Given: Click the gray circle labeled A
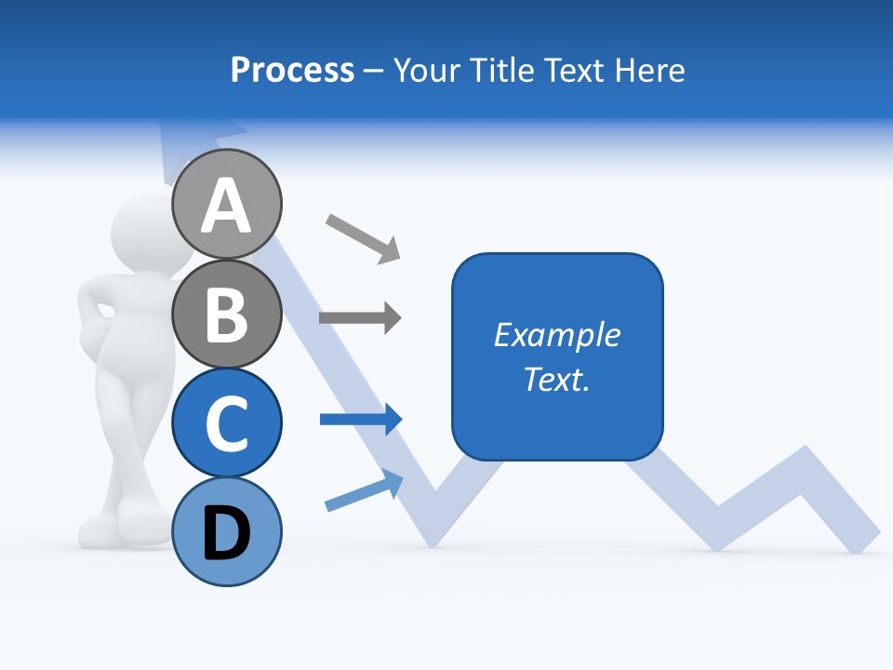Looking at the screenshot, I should pos(227,204).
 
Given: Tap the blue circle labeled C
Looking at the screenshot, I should pos(227,423).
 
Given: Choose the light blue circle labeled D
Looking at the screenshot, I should pos(227,532).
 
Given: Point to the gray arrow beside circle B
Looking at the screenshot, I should pos(360,318).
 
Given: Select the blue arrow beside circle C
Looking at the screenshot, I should pos(361,420).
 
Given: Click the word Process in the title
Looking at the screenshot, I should pos(292,70).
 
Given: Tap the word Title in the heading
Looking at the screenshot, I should pos(495,70).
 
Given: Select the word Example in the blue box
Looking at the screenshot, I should pos(557,335).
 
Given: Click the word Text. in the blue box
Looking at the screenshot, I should pos(557,379).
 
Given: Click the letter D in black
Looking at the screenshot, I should pos(227,534).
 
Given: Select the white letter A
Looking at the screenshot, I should pos(227,206).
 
